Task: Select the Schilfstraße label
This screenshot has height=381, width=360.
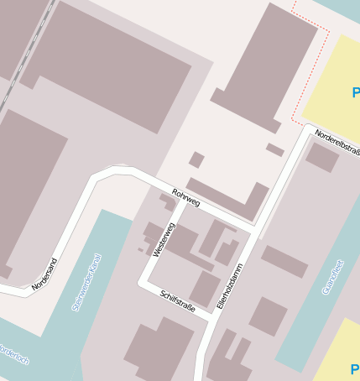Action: click(x=177, y=300)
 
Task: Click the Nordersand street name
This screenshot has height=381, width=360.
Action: click(x=44, y=274)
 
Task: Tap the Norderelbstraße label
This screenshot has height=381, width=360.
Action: click(x=337, y=141)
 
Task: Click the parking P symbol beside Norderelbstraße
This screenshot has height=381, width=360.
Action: click(x=356, y=92)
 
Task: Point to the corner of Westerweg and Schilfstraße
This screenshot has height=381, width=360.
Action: click(x=142, y=283)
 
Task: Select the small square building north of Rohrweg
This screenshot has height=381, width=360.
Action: click(x=196, y=159)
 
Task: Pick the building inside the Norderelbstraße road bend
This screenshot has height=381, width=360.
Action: click(x=321, y=158)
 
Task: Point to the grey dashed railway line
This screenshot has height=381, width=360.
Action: click(x=25, y=50)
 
